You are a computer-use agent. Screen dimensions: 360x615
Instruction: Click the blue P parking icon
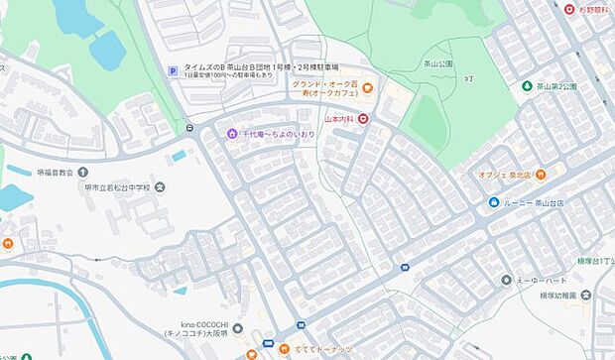[175, 70]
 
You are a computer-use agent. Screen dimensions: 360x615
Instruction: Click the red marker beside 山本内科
[363, 120]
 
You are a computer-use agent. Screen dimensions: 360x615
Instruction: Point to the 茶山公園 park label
[438, 63]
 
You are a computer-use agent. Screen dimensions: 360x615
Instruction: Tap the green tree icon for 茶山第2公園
[526, 86]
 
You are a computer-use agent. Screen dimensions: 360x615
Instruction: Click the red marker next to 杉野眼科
[568, 10]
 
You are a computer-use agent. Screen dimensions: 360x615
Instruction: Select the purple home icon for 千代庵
[231, 133]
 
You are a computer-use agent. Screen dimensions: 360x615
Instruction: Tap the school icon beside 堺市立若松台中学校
[160, 187]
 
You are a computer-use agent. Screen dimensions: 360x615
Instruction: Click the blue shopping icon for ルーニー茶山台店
[493, 203]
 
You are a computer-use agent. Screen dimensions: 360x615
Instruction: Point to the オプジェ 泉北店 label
[505, 173]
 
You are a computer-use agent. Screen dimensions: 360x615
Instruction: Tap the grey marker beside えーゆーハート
[506, 281]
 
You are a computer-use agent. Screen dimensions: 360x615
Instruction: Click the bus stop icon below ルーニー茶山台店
[404, 267]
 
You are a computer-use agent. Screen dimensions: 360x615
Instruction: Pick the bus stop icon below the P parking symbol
[188, 126]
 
